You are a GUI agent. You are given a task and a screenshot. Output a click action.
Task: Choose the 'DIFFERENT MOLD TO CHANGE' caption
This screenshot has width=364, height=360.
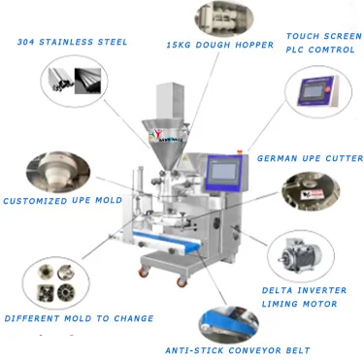pyautogui.click(x=79, y=318)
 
